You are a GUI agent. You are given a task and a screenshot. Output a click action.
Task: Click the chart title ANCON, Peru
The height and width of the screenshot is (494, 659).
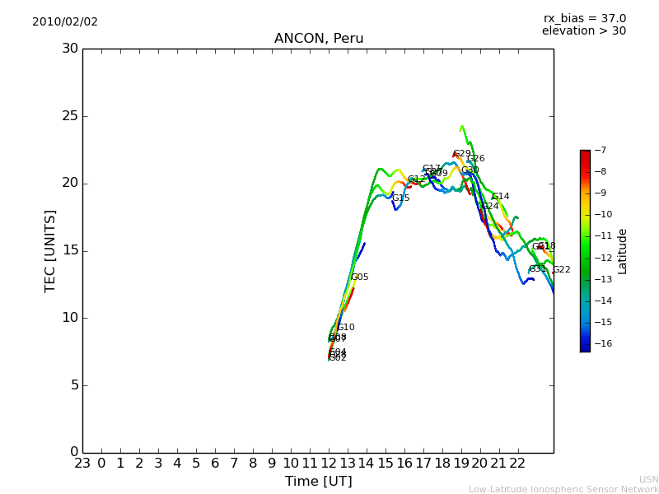[x=319, y=39]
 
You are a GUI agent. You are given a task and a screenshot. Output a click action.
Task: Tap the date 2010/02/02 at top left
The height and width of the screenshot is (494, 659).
[x=65, y=22]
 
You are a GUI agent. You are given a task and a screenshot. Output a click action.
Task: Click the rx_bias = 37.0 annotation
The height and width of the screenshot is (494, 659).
[x=584, y=18]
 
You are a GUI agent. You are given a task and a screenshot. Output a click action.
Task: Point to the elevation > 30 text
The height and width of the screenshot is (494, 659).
[x=583, y=31]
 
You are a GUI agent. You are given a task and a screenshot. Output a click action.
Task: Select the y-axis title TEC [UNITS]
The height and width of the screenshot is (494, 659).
[x=50, y=250]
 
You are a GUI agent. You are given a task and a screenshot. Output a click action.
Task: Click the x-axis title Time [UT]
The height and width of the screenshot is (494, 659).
[x=318, y=481]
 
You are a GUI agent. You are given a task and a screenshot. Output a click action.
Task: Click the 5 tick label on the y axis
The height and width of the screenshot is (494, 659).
[x=73, y=384]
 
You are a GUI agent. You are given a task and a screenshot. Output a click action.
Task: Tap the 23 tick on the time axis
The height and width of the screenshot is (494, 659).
[x=82, y=463]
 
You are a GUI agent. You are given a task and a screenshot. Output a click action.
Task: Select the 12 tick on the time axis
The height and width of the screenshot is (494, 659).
[x=329, y=463]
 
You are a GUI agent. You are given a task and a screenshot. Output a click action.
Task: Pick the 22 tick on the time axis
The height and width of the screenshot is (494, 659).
[x=518, y=463]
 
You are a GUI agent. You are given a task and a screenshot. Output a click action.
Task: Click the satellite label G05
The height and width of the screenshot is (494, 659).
[x=360, y=277]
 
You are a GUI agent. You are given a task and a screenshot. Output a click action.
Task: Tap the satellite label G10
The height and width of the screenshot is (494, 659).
[x=346, y=328]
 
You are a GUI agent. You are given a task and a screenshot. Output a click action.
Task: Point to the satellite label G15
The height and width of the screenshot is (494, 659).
[x=400, y=198]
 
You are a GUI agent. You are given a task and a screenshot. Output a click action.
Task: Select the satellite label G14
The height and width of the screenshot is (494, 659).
[x=501, y=197]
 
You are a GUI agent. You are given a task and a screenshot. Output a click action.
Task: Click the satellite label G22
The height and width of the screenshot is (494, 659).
[x=561, y=270]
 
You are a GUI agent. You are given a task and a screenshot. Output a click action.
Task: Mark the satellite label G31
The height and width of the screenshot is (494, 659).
[x=537, y=269]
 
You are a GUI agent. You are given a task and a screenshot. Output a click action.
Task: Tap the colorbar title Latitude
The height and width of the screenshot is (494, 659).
[x=623, y=251]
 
